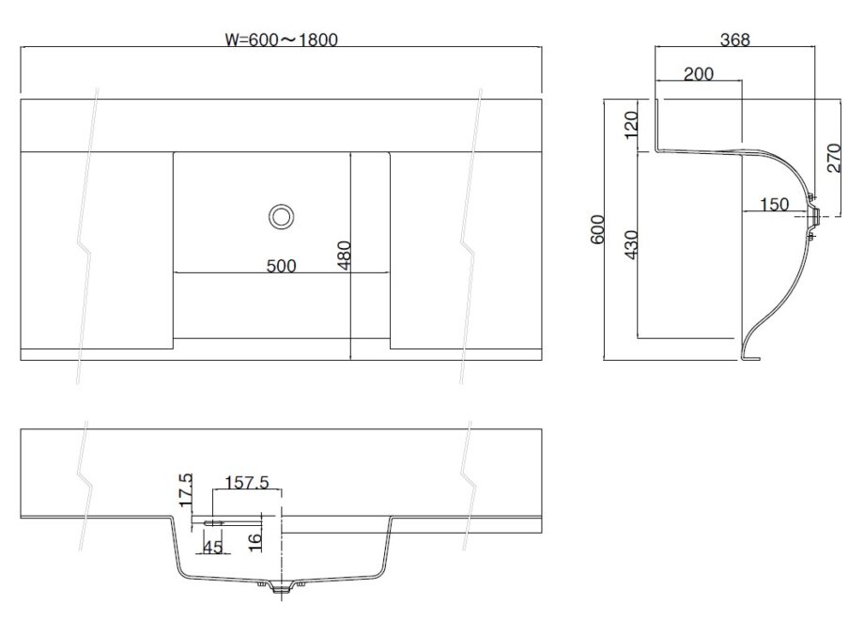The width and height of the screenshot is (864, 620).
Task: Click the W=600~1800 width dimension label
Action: [x=281, y=39]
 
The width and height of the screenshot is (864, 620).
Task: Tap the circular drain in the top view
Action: [x=280, y=216]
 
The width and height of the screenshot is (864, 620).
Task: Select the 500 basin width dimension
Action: [x=280, y=266]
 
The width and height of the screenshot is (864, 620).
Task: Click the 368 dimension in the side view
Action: [x=734, y=39]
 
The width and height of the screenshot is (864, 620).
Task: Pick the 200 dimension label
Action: [x=699, y=74]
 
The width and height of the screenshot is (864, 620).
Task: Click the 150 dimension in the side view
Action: [x=774, y=204]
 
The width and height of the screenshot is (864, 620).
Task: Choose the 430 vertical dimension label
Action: [x=631, y=246]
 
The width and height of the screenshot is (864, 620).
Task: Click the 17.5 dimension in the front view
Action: [x=185, y=489]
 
